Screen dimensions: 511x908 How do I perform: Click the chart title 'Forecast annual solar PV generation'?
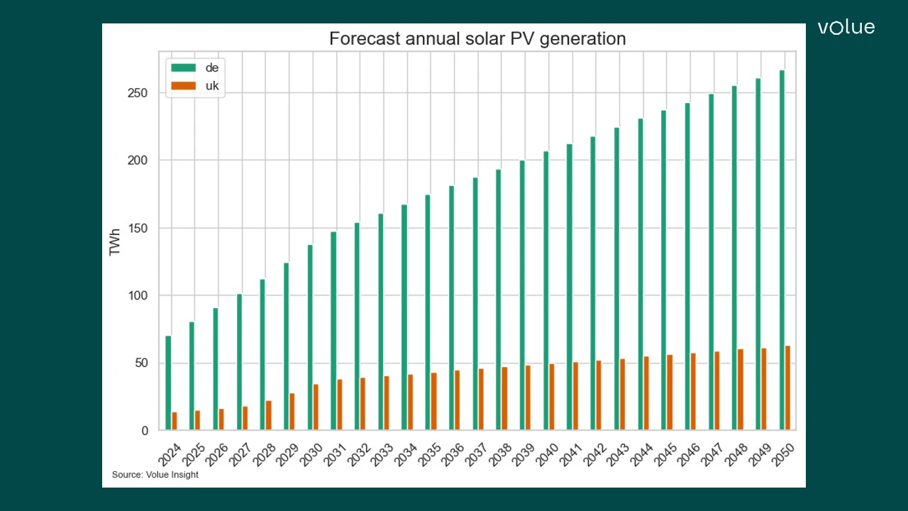[477, 38]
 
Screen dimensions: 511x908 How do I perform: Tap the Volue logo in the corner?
[846, 28]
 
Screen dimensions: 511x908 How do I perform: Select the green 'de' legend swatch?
[183, 67]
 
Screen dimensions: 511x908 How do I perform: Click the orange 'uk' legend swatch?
[183, 86]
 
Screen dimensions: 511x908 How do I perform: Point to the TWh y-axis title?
[115, 241]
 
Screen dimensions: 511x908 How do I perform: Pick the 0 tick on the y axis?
[144, 431]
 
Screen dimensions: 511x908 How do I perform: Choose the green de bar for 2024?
[168, 383]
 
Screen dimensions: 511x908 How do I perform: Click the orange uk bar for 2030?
[316, 407]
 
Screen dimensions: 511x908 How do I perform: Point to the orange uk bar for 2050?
[788, 388]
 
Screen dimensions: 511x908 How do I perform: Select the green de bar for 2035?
[428, 312]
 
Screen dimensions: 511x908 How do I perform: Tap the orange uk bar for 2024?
[175, 421]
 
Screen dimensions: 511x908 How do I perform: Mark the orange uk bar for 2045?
[670, 392]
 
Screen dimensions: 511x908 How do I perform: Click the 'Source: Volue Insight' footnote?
[155, 475]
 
